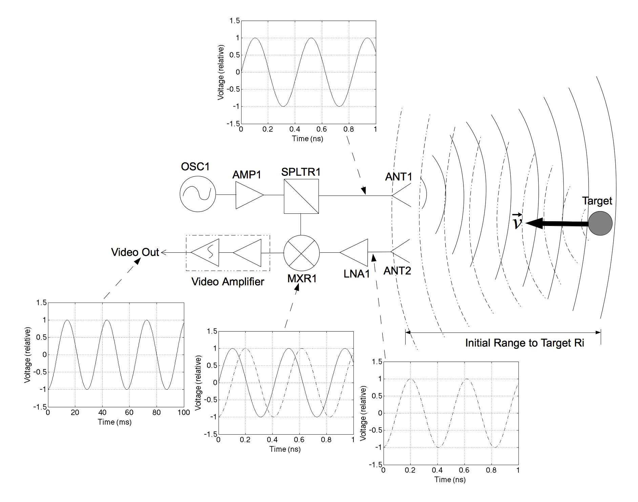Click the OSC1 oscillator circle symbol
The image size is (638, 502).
198,194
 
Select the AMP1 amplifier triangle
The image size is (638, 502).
248,195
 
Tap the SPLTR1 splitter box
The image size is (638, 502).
301,196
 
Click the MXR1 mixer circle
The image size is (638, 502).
301,253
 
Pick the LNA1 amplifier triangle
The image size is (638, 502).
356,252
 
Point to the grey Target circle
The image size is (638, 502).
600,223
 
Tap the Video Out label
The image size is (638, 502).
135,252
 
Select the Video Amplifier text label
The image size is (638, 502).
227,281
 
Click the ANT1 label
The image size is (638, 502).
398,177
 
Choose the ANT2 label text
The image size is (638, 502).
397,271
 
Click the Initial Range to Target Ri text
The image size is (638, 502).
524,343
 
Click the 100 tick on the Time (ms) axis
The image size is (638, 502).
184,412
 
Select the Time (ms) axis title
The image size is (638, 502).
115,422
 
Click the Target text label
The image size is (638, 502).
597,201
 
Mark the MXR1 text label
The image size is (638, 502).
302,278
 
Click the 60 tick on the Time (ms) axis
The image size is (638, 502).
129,412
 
